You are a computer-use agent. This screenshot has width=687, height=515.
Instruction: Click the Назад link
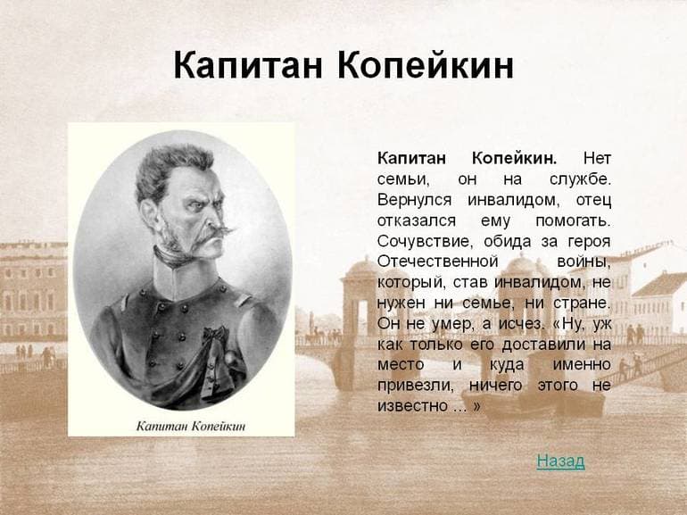point(560,461)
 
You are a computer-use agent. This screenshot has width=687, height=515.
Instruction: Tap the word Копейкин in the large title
point(427,67)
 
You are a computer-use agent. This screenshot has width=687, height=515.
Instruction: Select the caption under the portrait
point(190,425)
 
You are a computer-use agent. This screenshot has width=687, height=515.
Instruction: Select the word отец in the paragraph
point(592,199)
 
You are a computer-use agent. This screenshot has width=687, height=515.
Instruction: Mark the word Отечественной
point(437,261)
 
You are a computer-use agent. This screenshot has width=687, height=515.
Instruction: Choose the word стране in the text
point(584,302)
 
